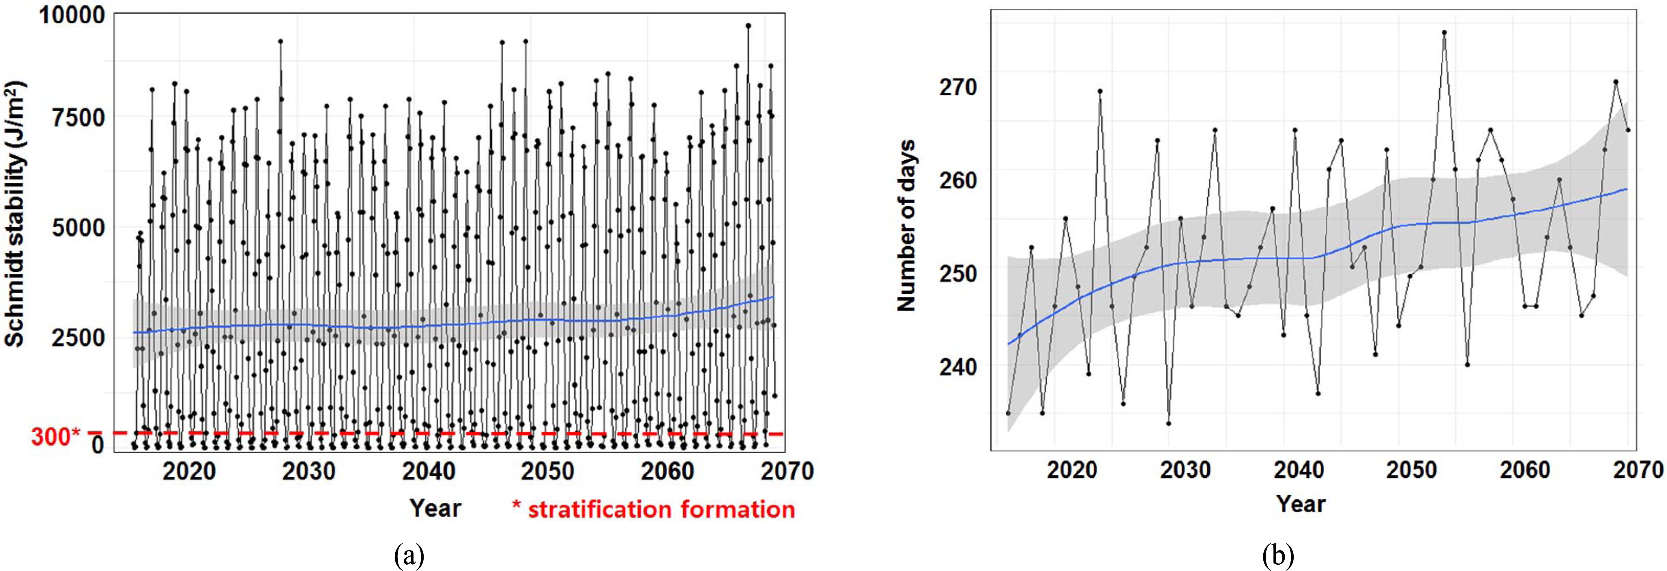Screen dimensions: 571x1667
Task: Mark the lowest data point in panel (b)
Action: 1169,423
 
